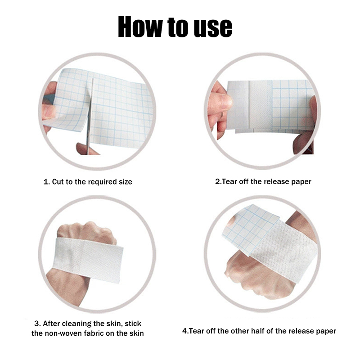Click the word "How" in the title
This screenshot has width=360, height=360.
140,27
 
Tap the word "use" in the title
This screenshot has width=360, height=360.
213,28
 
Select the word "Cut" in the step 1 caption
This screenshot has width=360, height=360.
58,182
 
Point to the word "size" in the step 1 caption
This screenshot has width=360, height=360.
126,182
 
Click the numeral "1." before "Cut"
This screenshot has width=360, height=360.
47,182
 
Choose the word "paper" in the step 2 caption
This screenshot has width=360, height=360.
301,182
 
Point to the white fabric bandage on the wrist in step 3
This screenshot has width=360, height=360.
88,260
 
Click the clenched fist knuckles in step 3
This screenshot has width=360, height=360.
87,232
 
